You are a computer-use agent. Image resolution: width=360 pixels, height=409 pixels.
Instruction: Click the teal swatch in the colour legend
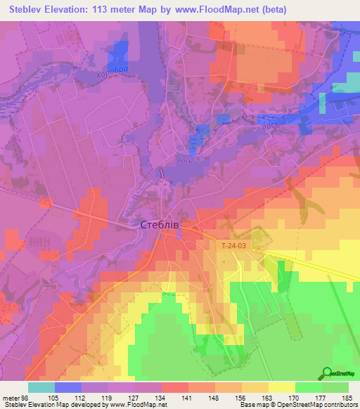[41, 387]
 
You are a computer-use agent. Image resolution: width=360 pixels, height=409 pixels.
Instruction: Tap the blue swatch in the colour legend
[68, 387]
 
